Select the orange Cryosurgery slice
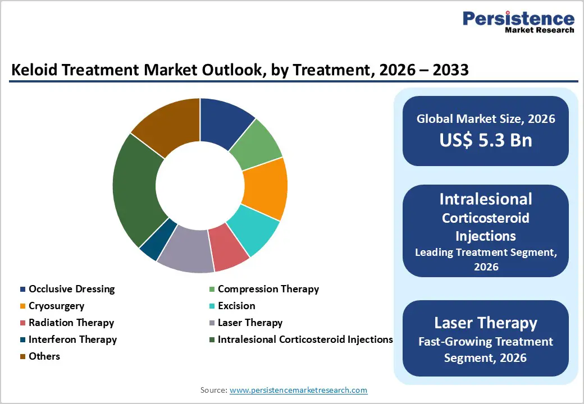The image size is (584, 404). pos(266,188)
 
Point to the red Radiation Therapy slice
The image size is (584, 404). pos(229,247)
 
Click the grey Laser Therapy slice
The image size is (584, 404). pos(185,251)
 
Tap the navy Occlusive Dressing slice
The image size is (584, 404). pos(225,121)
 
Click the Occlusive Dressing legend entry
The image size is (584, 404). pos(71,289)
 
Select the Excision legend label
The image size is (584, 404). pos(236,306)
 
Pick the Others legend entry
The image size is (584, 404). pos(44,356)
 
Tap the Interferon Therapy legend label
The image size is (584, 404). pos(72,339)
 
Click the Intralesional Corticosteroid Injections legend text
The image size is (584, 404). pos(305,339)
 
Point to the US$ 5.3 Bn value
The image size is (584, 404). pos(486,139)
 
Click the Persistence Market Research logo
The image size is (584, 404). pos(518,22)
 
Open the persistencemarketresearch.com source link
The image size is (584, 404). pos(298,390)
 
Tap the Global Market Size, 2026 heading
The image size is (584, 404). pos(486,118)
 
